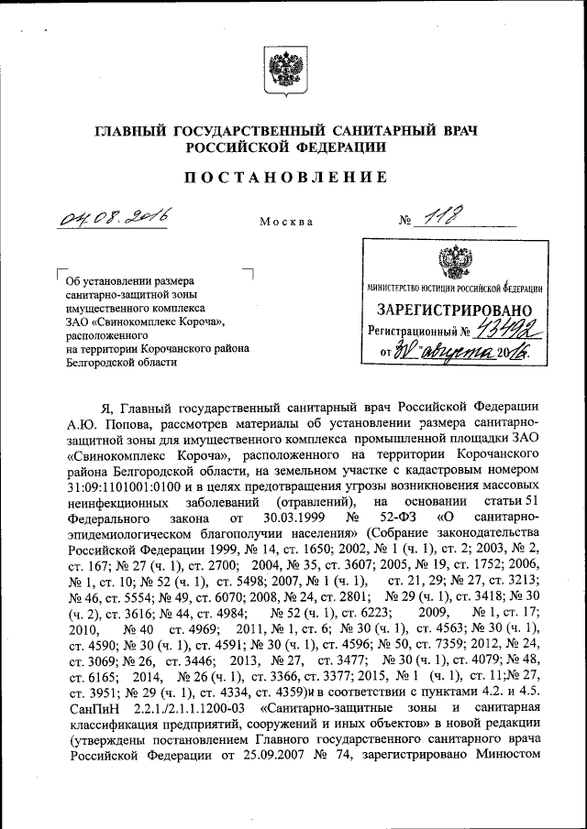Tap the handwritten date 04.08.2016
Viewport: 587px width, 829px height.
click(x=116, y=217)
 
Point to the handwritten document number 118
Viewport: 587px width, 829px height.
click(x=443, y=217)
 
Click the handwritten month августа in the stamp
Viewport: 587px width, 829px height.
click(x=451, y=353)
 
